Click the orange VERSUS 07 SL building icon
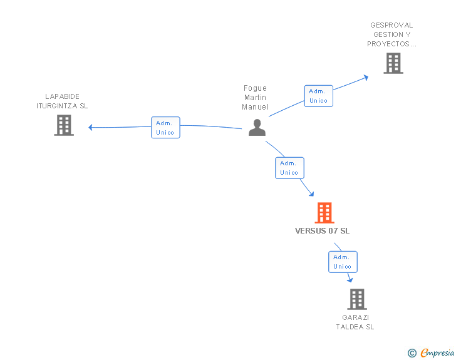tap(324, 213)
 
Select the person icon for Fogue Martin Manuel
tap(257, 127)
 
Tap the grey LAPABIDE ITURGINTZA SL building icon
tap(64, 125)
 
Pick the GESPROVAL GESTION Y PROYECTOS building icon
tap(393, 63)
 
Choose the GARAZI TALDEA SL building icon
tap(356, 299)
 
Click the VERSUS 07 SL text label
tap(323, 231)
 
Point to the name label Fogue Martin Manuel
tap(255, 98)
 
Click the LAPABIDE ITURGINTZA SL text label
tap(62, 101)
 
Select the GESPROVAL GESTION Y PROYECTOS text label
tap(391, 35)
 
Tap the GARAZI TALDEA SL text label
tap(355, 322)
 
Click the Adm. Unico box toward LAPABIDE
tap(165, 128)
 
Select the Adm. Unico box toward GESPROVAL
tap(318, 96)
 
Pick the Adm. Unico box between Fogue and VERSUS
tap(289, 168)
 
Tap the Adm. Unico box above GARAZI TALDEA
tap(343, 262)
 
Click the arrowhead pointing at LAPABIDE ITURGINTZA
tap(91, 127)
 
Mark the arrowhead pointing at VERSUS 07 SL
tap(311, 194)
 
